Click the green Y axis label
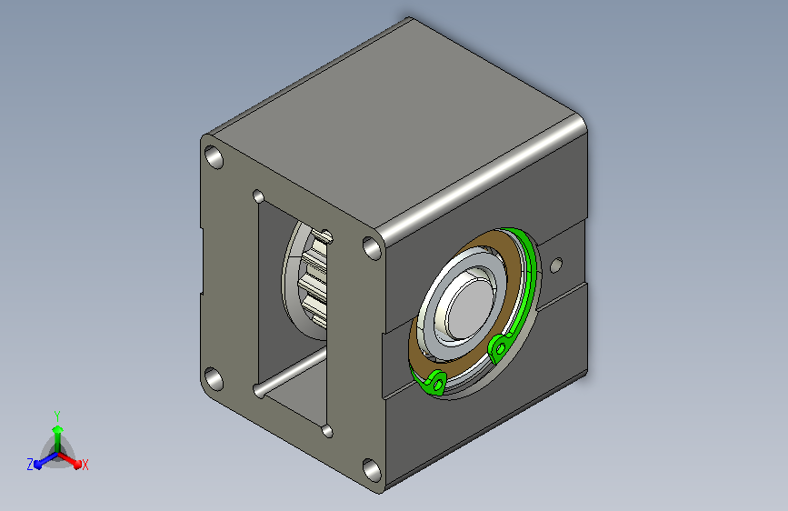[x=57, y=416]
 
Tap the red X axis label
[x=85, y=466]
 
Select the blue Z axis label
[x=30, y=465]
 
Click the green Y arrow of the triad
[x=58, y=439]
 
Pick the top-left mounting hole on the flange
[x=214, y=157]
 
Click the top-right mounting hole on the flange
[x=372, y=248]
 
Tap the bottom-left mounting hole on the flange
[x=214, y=379]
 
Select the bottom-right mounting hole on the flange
[x=372, y=470]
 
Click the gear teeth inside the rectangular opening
[x=313, y=280]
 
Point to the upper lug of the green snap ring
[x=500, y=347]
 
